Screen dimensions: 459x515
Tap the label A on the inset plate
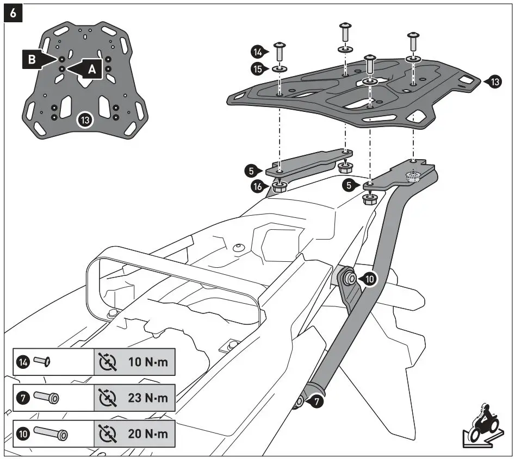(x=92, y=69)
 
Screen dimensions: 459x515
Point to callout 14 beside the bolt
(x=258, y=52)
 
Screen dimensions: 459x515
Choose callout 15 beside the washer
(x=258, y=68)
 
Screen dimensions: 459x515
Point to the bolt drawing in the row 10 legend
(x=51, y=434)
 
